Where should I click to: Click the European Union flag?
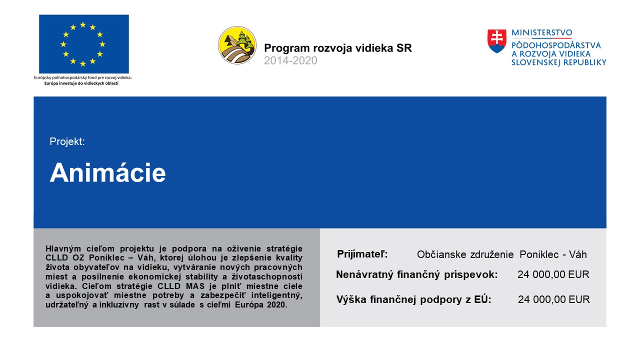coord(83,44)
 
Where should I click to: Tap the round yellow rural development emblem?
coord(237,45)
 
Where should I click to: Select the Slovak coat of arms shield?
coord(497,41)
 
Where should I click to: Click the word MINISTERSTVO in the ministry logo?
coord(541,33)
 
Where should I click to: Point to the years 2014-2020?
coord(290,60)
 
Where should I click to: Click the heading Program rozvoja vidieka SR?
coord(338,48)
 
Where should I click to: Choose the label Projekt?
coord(67,141)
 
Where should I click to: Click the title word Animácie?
coord(107,172)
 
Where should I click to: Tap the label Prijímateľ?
coord(362,253)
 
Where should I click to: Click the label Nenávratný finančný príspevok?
coord(417,274)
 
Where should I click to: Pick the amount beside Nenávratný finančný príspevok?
coord(553,274)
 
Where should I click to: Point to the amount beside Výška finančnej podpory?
coord(554,299)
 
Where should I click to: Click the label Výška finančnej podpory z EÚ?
coord(413,299)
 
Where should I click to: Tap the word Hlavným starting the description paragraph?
coord(63,248)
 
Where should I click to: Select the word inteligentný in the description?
coord(277,295)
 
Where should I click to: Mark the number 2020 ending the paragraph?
coord(277,305)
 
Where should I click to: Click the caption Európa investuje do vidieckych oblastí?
coord(81,83)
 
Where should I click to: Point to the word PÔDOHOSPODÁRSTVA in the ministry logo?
coord(556,45)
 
